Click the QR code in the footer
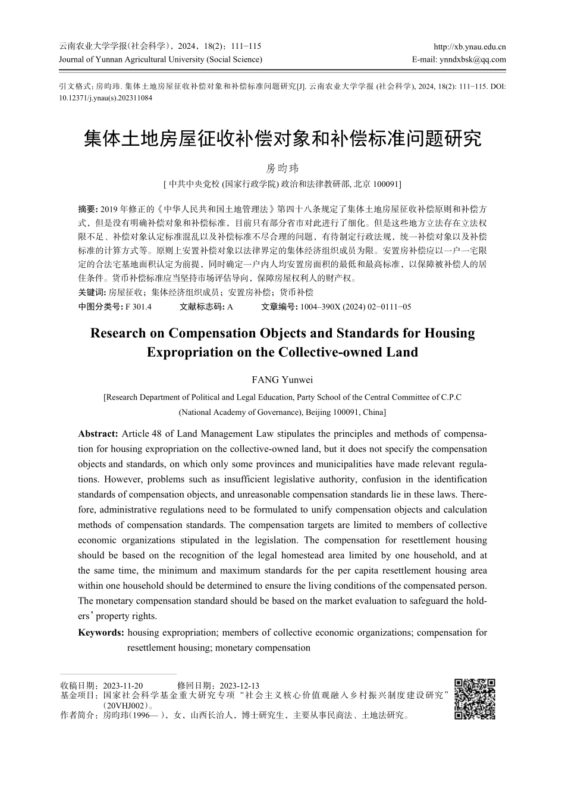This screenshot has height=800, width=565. (x=475, y=699)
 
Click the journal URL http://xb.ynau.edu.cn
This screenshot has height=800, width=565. (x=470, y=46)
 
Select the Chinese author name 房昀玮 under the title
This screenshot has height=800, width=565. (x=282, y=168)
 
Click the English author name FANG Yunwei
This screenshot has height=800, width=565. (x=282, y=380)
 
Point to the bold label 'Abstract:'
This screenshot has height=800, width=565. (x=98, y=434)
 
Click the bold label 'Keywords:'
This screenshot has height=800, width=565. (x=101, y=633)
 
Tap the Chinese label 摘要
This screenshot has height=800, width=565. (x=87, y=209)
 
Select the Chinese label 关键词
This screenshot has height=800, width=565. (x=91, y=292)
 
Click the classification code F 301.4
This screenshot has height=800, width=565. (x=139, y=307)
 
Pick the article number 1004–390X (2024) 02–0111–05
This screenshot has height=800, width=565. (x=356, y=307)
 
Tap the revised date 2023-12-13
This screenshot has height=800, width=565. (x=240, y=685)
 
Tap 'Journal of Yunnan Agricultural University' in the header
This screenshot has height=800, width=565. (x=132, y=59)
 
